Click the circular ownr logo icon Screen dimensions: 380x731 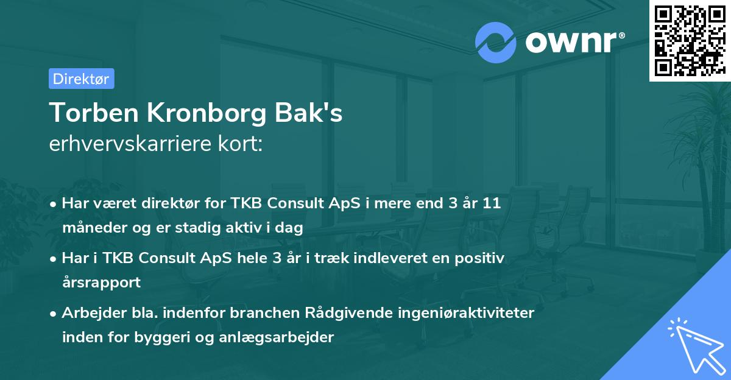tap(495, 43)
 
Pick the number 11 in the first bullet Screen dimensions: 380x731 tap(491, 203)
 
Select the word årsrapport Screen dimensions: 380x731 tap(101, 283)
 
